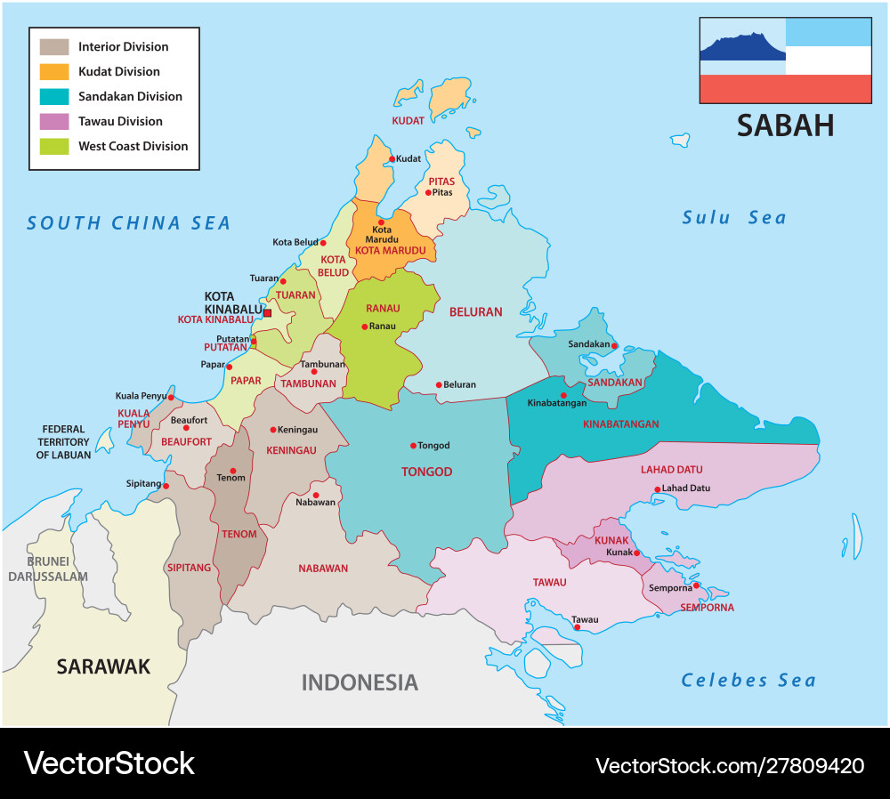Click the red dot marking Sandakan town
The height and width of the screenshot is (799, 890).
pyautogui.click(x=614, y=345)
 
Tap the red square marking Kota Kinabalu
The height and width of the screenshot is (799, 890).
pyautogui.click(x=267, y=312)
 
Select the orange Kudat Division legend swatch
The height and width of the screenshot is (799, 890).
pyautogui.click(x=54, y=71)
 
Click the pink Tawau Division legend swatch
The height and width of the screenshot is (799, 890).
pyautogui.click(x=54, y=121)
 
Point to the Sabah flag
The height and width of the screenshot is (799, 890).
pyautogui.click(x=785, y=60)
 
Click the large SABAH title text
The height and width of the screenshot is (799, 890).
pyautogui.click(x=785, y=125)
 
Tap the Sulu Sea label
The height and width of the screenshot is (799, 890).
pyautogui.click(x=733, y=218)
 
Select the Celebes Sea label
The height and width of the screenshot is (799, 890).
pyautogui.click(x=748, y=681)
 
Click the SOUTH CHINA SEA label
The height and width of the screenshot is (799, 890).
pyautogui.click(x=128, y=223)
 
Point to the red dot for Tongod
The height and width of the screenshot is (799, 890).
pyautogui.click(x=413, y=446)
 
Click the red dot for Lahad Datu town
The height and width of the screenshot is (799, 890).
pyautogui.click(x=657, y=489)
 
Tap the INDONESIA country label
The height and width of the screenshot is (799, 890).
pyautogui.click(x=359, y=682)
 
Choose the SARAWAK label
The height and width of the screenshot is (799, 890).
pyautogui.click(x=103, y=666)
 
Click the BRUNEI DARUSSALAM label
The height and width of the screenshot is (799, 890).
pyautogui.click(x=48, y=569)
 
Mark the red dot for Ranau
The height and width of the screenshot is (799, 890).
pyautogui.click(x=364, y=327)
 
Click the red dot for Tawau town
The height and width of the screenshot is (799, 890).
pyautogui.click(x=578, y=627)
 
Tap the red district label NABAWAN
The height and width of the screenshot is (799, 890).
pyautogui.click(x=323, y=569)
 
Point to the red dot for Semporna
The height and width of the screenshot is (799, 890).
pyautogui.click(x=696, y=585)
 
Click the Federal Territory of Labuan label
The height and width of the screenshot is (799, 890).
pyautogui.click(x=63, y=442)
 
